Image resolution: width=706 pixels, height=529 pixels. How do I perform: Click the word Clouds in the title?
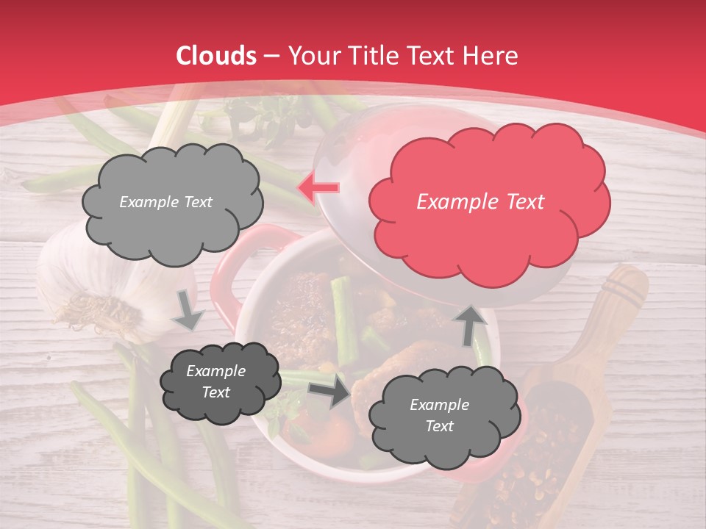tap(215, 55)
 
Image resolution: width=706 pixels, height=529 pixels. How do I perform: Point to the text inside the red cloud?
tap(480, 202)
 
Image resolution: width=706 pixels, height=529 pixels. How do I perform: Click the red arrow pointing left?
tap(318, 188)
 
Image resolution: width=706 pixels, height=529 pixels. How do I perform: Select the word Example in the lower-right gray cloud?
tap(439, 405)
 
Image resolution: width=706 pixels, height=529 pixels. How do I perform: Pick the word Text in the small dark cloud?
tap(215, 392)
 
